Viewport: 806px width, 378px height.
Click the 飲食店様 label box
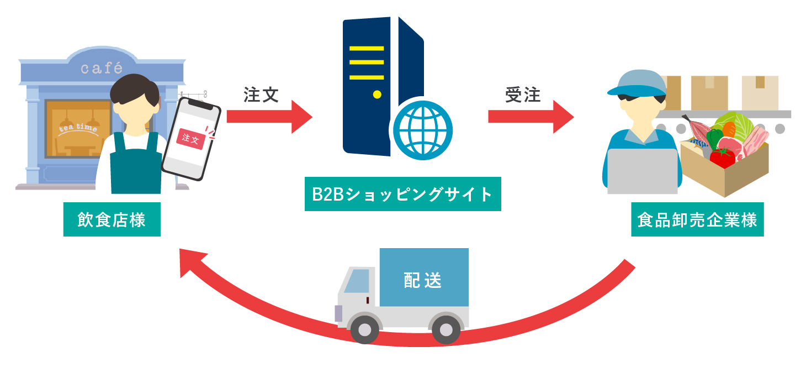[x=112, y=221]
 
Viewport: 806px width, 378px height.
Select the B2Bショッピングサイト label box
[x=402, y=194]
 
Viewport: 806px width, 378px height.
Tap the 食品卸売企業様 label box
[x=697, y=221]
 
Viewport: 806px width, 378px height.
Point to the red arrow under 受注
[x=530, y=117]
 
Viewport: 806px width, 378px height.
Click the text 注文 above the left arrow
[x=261, y=95]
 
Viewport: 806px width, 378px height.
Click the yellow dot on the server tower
[x=377, y=95]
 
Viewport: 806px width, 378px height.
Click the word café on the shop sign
[x=101, y=69]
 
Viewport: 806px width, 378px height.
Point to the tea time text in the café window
[x=78, y=129]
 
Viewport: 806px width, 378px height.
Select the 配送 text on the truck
[x=423, y=280]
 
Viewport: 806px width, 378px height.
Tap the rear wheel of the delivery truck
[x=446, y=329]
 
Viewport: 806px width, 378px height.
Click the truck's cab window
[x=356, y=281]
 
